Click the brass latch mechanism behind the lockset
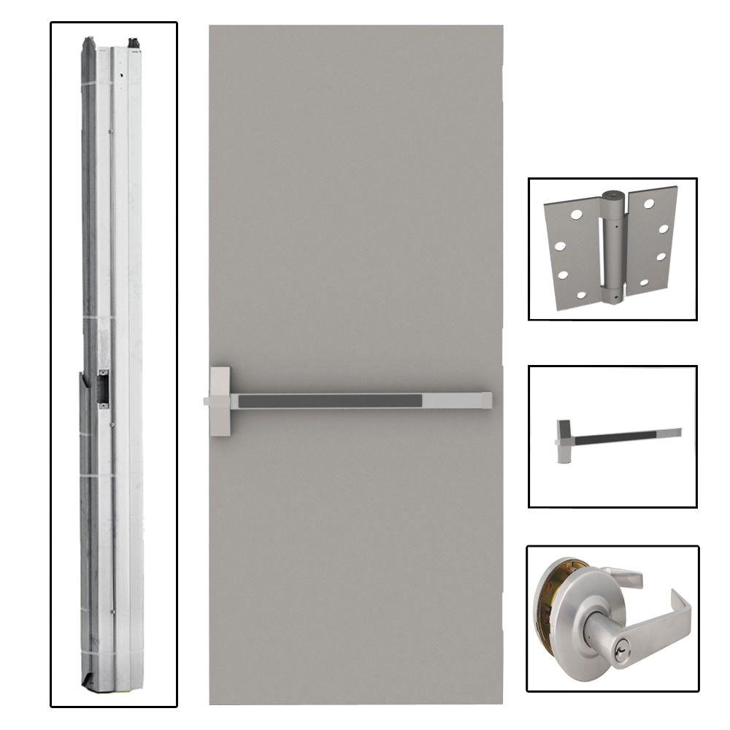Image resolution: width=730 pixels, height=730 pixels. (x=549, y=591)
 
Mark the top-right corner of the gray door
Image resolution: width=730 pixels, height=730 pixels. (x=502, y=27)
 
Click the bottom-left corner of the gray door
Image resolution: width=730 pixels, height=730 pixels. (x=211, y=702)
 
